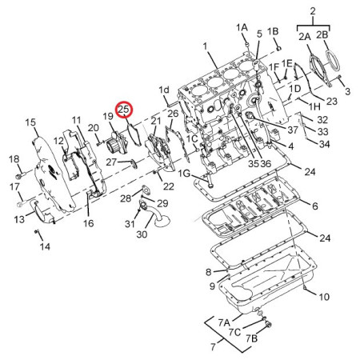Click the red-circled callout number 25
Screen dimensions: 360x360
[x=124, y=109]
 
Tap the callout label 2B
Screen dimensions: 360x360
[x=322, y=35]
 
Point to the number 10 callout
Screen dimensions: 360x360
[x=324, y=297]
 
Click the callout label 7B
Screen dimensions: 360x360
[x=251, y=338]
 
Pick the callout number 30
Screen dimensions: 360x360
[x=142, y=234]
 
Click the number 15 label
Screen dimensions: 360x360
[x=30, y=122]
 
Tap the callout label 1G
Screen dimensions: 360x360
[x=184, y=174]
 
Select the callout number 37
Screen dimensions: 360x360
[x=293, y=130]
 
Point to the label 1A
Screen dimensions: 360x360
[x=242, y=27]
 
